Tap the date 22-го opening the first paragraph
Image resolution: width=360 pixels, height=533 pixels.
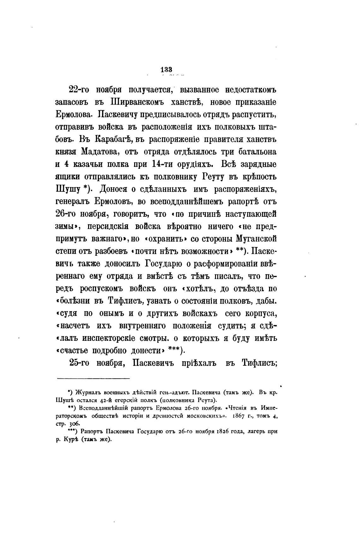(x=78, y=90)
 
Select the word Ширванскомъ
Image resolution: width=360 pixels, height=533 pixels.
(x=138, y=102)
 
